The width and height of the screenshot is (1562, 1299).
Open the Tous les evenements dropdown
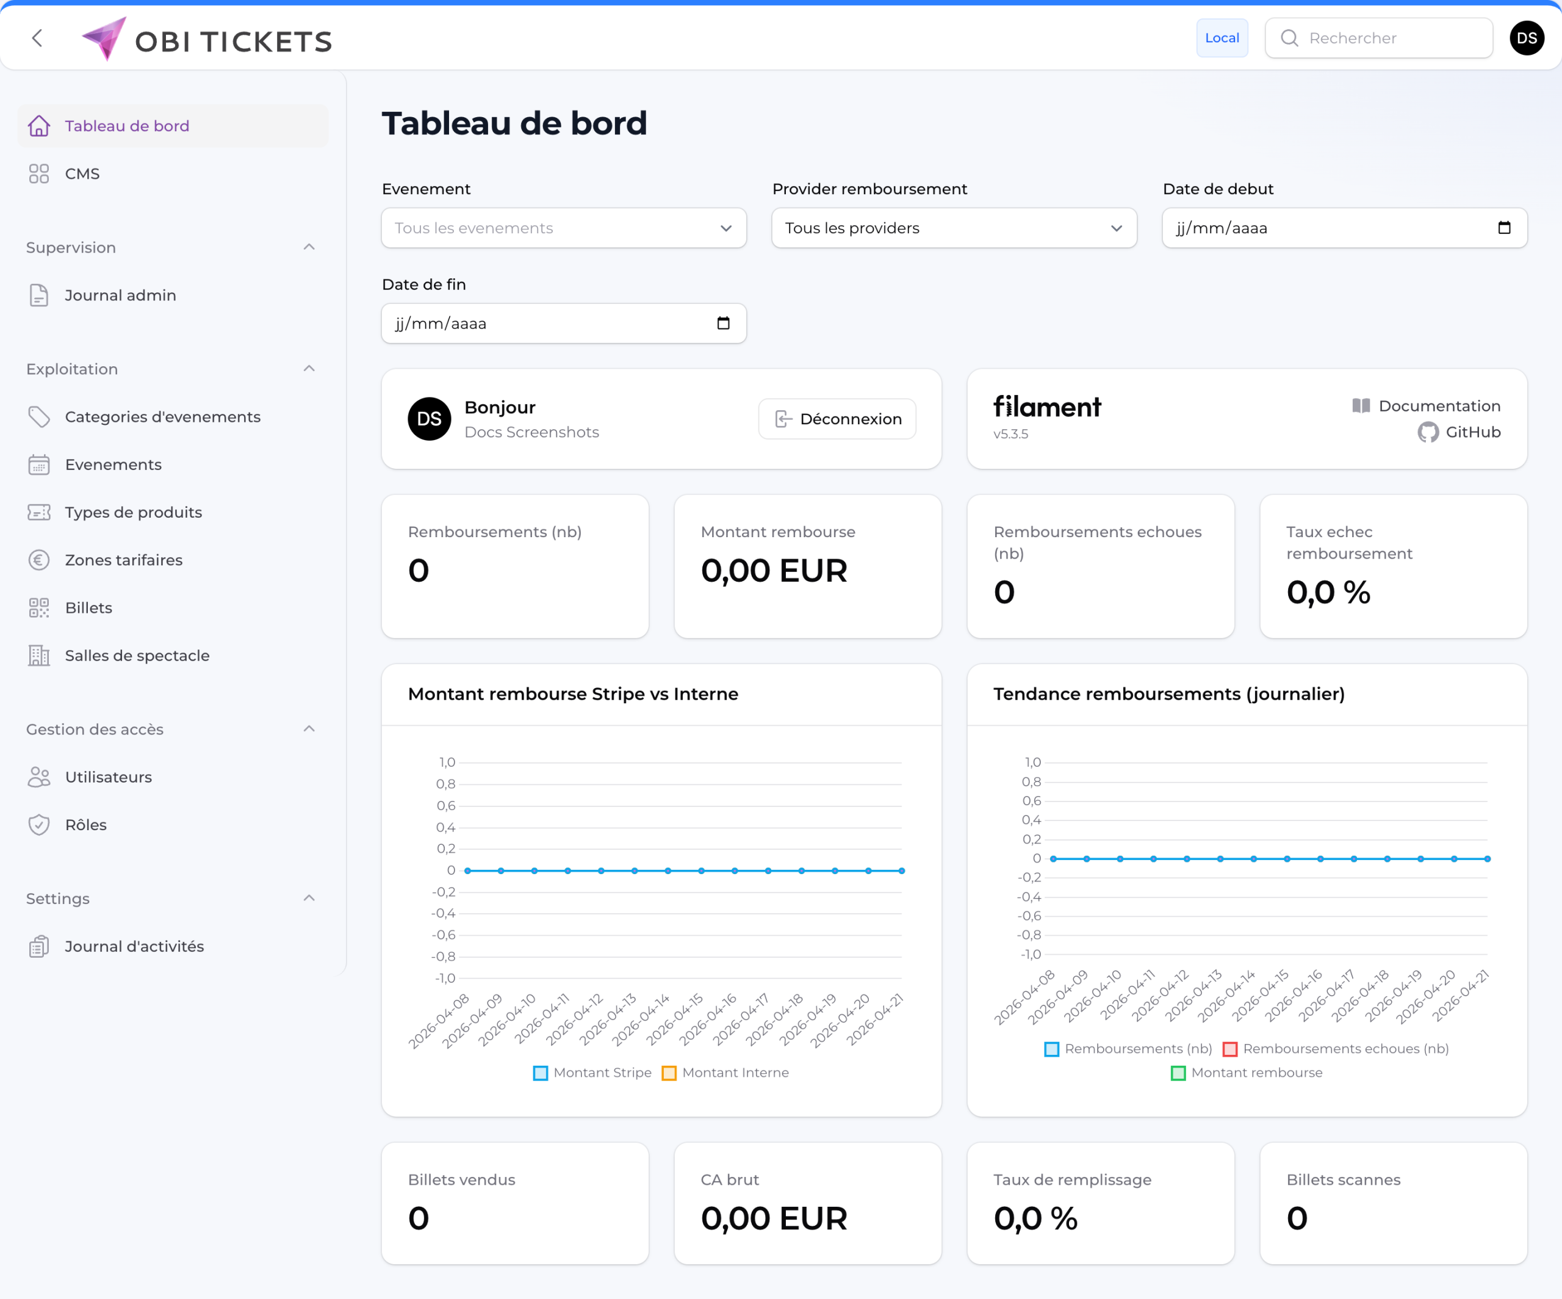click(563, 228)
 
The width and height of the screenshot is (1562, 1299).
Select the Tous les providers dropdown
click(954, 228)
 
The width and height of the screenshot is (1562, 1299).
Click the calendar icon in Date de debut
click(1503, 228)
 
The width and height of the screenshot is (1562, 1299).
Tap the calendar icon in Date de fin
click(723, 323)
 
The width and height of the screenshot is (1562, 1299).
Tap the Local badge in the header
click(1222, 38)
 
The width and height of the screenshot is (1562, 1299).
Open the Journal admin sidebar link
click(120, 295)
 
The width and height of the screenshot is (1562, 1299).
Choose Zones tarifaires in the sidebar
click(123, 560)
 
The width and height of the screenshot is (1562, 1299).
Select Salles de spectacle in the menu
click(137, 656)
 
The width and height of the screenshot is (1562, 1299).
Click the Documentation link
click(1426, 405)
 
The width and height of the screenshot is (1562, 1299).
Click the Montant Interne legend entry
click(725, 1073)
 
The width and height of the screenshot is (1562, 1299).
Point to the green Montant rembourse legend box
click(1178, 1073)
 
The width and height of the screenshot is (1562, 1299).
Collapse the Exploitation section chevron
click(309, 369)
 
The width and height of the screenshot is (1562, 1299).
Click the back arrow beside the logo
click(37, 38)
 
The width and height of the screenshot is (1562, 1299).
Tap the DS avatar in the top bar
click(1526, 38)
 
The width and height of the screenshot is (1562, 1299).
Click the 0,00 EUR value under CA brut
click(774, 1218)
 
